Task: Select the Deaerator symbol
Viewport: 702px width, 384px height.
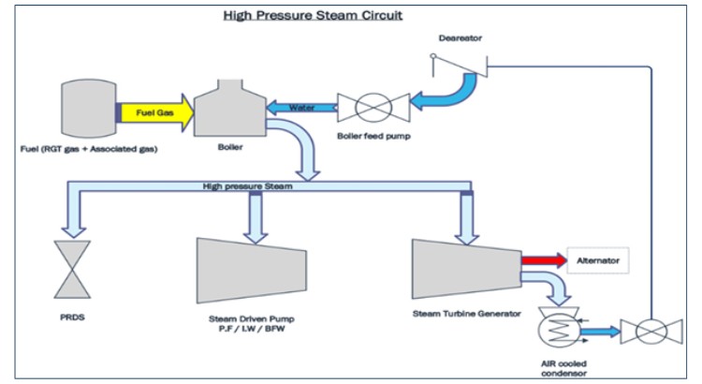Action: click(x=459, y=67)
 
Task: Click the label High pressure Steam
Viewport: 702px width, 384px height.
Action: click(x=247, y=186)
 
